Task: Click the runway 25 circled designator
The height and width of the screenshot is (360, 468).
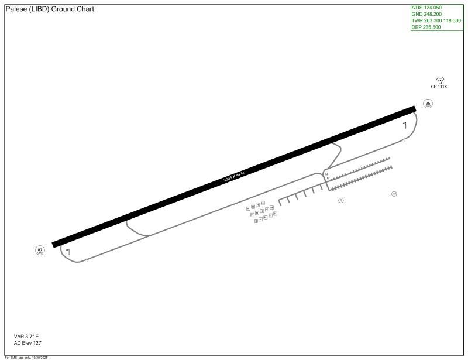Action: click(428, 104)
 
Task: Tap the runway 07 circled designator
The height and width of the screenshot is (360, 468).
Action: click(40, 251)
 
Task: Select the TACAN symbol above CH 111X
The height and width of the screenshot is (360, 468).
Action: click(439, 80)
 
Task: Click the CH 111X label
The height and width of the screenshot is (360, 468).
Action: click(439, 87)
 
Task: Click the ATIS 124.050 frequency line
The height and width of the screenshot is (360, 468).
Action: click(426, 8)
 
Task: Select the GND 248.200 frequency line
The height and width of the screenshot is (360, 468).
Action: click(426, 14)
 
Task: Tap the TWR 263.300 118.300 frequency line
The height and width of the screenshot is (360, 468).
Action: click(436, 20)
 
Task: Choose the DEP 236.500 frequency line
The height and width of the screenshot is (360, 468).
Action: click(426, 27)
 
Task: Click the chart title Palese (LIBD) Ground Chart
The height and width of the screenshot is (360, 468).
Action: click(50, 9)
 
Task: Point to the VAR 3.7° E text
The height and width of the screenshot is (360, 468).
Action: click(26, 337)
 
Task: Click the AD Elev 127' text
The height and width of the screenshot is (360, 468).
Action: click(28, 343)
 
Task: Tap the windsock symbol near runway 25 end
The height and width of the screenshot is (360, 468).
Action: click(404, 124)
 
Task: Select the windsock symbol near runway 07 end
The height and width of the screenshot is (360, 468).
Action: click(68, 251)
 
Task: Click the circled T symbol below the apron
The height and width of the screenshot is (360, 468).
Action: click(341, 200)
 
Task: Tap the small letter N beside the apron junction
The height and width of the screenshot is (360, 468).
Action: click(326, 174)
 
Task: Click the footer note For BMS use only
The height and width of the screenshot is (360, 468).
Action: click(26, 358)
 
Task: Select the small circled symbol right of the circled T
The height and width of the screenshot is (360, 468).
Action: click(394, 194)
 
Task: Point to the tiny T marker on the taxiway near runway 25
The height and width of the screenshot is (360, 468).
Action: click(405, 141)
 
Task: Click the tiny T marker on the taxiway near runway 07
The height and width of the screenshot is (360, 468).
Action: click(88, 260)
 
